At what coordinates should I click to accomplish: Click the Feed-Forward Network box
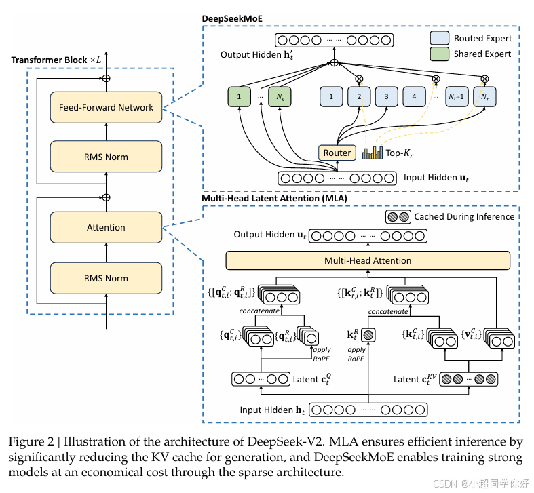pyautogui.click(x=106, y=107)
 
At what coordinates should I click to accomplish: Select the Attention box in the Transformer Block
pyautogui.click(x=106, y=227)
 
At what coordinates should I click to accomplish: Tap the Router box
pyautogui.click(x=337, y=153)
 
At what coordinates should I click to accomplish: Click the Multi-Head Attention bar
pyautogui.click(x=368, y=260)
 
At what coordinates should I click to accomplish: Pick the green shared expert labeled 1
pyautogui.click(x=239, y=97)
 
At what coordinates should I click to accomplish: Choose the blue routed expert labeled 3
pyautogui.click(x=387, y=97)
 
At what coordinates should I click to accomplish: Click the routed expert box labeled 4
pyautogui.click(x=414, y=97)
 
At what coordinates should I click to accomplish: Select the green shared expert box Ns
pyautogui.click(x=280, y=97)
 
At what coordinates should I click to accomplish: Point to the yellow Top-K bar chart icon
pyautogui.click(x=373, y=153)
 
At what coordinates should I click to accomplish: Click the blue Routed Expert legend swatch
pyautogui.click(x=439, y=38)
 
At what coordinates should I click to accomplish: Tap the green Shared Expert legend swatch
pyautogui.click(x=439, y=54)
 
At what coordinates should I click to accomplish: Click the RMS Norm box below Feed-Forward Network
pyautogui.click(x=106, y=157)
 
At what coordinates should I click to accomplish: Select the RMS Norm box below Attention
pyautogui.click(x=106, y=278)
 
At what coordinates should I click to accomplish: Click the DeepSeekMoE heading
pyautogui.click(x=232, y=19)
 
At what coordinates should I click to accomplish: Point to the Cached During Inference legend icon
pyautogui.click(x=398, y=217)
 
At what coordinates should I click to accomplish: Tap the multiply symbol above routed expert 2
pyautogui.click(x=359, y=79)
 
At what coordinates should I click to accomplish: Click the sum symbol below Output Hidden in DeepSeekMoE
pyautogui.click(x=334, y=63)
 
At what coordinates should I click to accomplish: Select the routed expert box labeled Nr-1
pyautogui.click(x=457, y=97)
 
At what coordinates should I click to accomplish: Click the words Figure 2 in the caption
pyautogui.click(x=31, y=442)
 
